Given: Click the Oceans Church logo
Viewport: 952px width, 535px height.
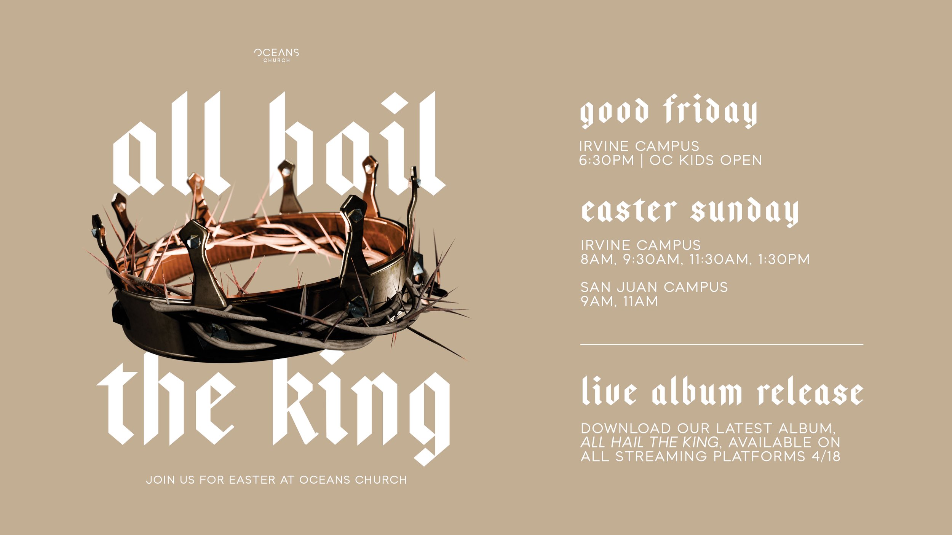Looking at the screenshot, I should (x=276, y=55).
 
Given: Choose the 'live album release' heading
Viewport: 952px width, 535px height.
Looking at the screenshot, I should (x=722, y=392).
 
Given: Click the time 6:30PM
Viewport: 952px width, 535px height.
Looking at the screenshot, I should (x=606, y=161).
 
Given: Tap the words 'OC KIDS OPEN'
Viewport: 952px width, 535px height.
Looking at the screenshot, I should (x=706, y=161).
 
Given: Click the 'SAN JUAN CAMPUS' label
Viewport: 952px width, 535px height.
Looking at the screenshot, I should (x=654, y=287).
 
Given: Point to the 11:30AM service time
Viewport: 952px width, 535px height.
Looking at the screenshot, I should (x=720, y=260).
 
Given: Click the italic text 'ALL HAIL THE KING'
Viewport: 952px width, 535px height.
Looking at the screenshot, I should (x=649, y=443).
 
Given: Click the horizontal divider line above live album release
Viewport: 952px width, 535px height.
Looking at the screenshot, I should (x=722, y=344).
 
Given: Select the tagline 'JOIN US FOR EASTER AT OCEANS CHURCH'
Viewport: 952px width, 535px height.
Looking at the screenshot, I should (x=276, y=480).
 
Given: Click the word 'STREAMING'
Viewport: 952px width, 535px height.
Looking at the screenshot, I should (x=661, y=456).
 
